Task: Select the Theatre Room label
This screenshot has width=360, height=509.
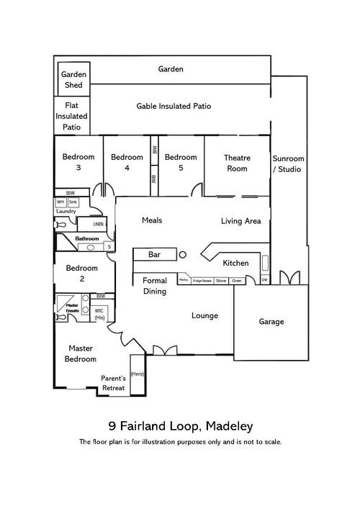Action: [x=236, y=163]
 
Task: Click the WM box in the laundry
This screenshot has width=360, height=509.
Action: [x=61, y=202]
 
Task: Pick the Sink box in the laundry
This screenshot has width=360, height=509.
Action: [x=73, y=202]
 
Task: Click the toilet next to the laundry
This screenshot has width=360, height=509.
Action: [x=60, y=225]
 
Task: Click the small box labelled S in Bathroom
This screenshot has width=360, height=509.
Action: [x=109, y=247]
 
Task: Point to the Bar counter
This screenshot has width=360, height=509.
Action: [x=154, y=255]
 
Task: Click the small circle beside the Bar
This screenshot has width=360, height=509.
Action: [x=183, y=254]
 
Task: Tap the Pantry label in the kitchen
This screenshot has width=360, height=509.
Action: [x=184, y=281]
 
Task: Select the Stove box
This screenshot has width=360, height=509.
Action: [x=221, y=281]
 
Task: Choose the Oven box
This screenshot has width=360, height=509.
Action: [x=236, y=281]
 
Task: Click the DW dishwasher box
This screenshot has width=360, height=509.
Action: [x=264, y=280]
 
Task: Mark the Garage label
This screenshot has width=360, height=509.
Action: [x=271, y=321]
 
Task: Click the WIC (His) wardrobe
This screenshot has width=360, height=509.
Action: [x=99, y=314]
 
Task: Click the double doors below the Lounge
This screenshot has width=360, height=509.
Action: [x=164, y=351]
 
